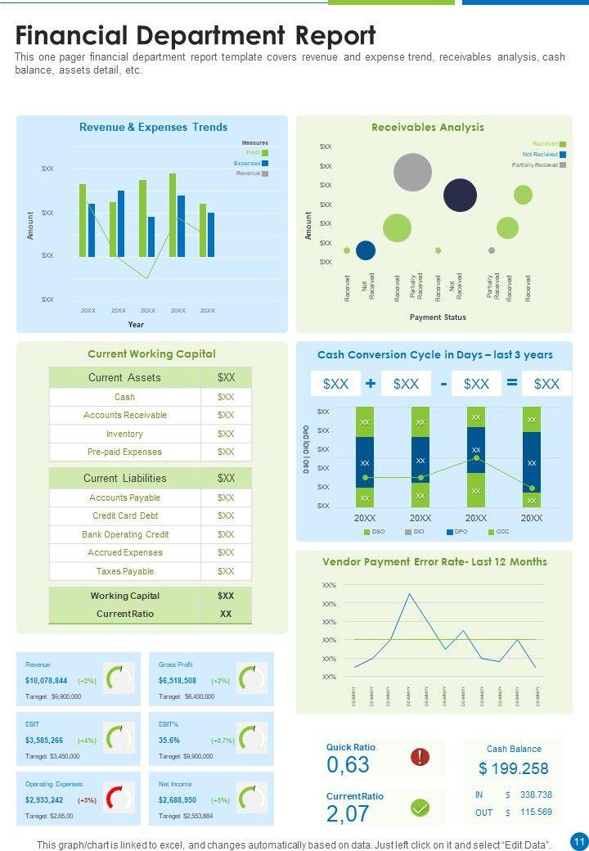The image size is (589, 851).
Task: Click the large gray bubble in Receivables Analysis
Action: [412, 172]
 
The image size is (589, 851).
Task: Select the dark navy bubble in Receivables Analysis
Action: [460, 195]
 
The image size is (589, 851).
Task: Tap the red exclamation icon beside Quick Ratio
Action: [420, 757]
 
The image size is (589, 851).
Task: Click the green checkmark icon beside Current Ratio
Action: [420, 808]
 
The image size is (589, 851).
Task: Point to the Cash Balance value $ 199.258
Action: [514, 769]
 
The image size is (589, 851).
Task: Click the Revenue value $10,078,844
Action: [47, 681]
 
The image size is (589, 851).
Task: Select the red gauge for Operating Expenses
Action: [119, 799]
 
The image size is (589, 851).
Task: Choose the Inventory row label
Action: [124, 434]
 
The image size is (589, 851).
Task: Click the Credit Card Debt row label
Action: [125, 516]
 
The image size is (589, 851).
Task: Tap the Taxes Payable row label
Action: [124, 571]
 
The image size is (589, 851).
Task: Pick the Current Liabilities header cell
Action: [124, 479]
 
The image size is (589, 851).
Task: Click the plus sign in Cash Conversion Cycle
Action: [371, 383]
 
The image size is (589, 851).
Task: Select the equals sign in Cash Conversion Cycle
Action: [512, 383]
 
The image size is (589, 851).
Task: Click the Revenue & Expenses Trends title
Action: [153, 128]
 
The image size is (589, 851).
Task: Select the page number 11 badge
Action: [578, 841]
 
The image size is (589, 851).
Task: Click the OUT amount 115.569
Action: [536, 812]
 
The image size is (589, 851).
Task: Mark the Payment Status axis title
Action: [438, 317]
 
